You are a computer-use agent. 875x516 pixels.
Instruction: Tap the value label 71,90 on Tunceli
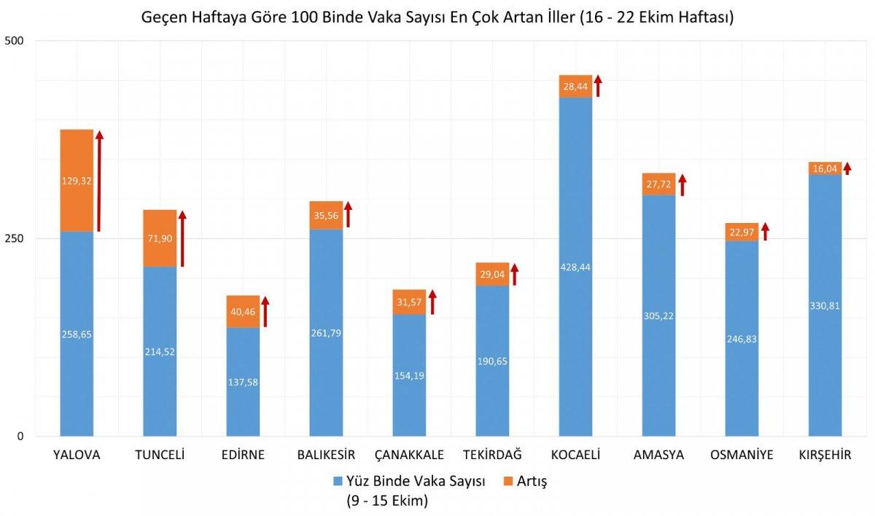(160, 239)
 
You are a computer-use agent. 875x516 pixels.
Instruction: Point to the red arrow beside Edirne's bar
(265, 311)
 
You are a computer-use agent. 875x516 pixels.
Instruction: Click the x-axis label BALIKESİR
(326, 456)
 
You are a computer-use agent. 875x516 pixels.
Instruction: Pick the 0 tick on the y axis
(20, 437)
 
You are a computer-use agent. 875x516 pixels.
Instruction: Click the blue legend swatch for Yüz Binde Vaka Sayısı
(337, 482)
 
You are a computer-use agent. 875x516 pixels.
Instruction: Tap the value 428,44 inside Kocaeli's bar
(575, 267)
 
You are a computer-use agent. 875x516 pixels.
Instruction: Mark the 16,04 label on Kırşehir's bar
(825, 168)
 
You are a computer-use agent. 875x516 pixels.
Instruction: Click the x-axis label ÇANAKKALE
(409, 456)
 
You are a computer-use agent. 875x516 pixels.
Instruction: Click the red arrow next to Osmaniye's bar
(765, 232)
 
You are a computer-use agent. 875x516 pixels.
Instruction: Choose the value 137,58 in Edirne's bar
(243, 382)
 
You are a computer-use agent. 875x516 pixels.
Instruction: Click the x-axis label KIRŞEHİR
(825, 456)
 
